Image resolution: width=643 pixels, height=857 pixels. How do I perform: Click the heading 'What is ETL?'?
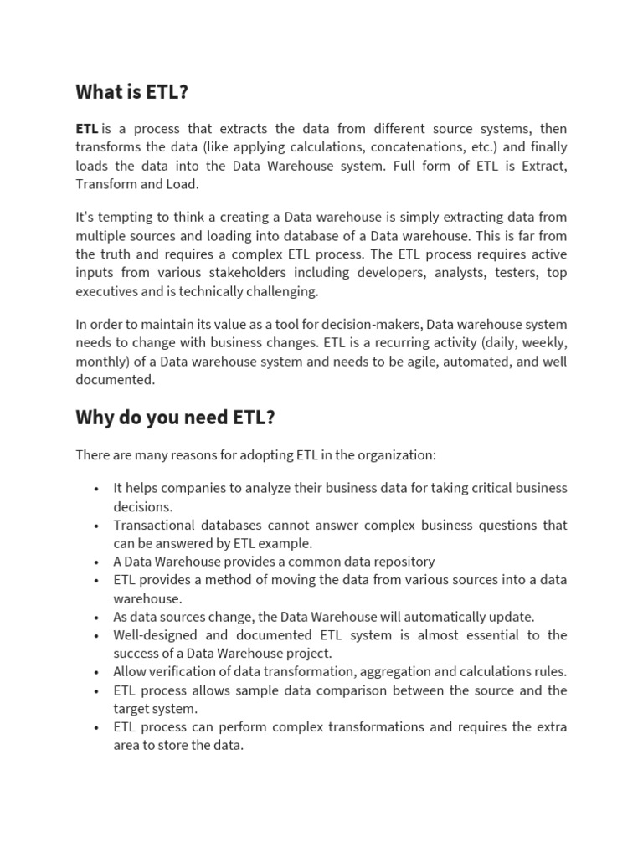click(131, 92)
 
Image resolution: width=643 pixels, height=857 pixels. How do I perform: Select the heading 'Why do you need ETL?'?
click(175, 417)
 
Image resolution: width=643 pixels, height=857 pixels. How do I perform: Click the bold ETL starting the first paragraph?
click(87, 129)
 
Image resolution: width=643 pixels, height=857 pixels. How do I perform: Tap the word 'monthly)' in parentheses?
click(101, 362)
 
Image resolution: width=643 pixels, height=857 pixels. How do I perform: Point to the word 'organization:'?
click(397, 455)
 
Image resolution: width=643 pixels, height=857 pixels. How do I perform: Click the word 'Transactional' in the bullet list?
click(154, 526)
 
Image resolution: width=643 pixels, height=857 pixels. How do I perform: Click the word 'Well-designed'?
click(156, 635)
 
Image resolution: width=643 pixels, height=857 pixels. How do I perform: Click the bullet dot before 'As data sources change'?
click(97, 618)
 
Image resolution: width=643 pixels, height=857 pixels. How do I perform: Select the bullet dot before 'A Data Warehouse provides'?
click(97, 562)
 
